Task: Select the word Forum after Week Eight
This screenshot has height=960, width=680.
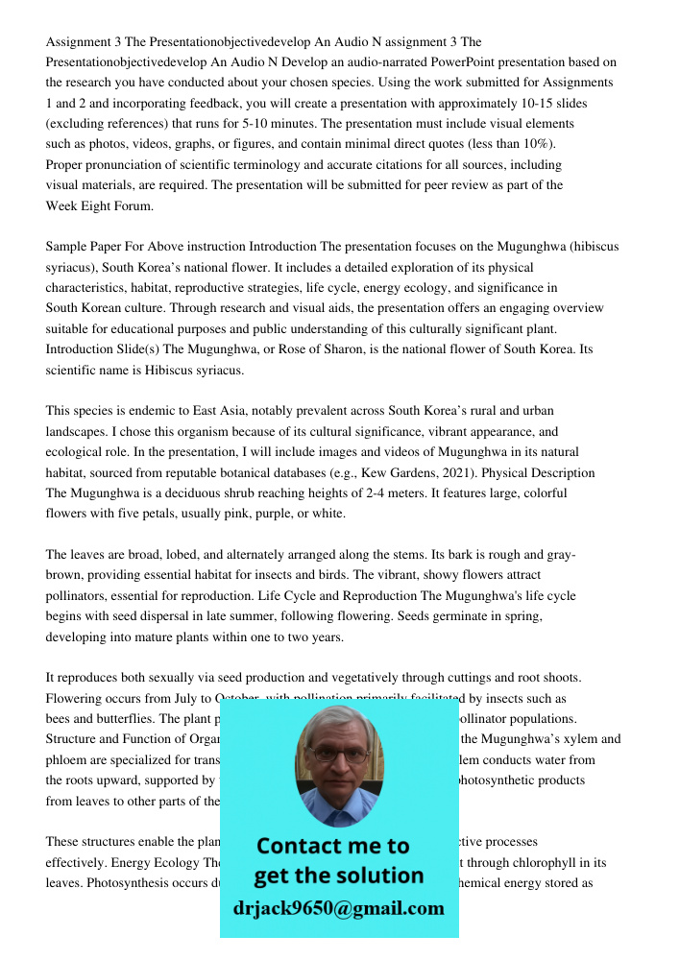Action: click(134, 205)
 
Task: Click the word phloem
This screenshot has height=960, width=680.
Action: click(68, 760)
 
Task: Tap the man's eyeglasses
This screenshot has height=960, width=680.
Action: click(337, 755)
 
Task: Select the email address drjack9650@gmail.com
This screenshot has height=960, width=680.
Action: click(339, 907)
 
